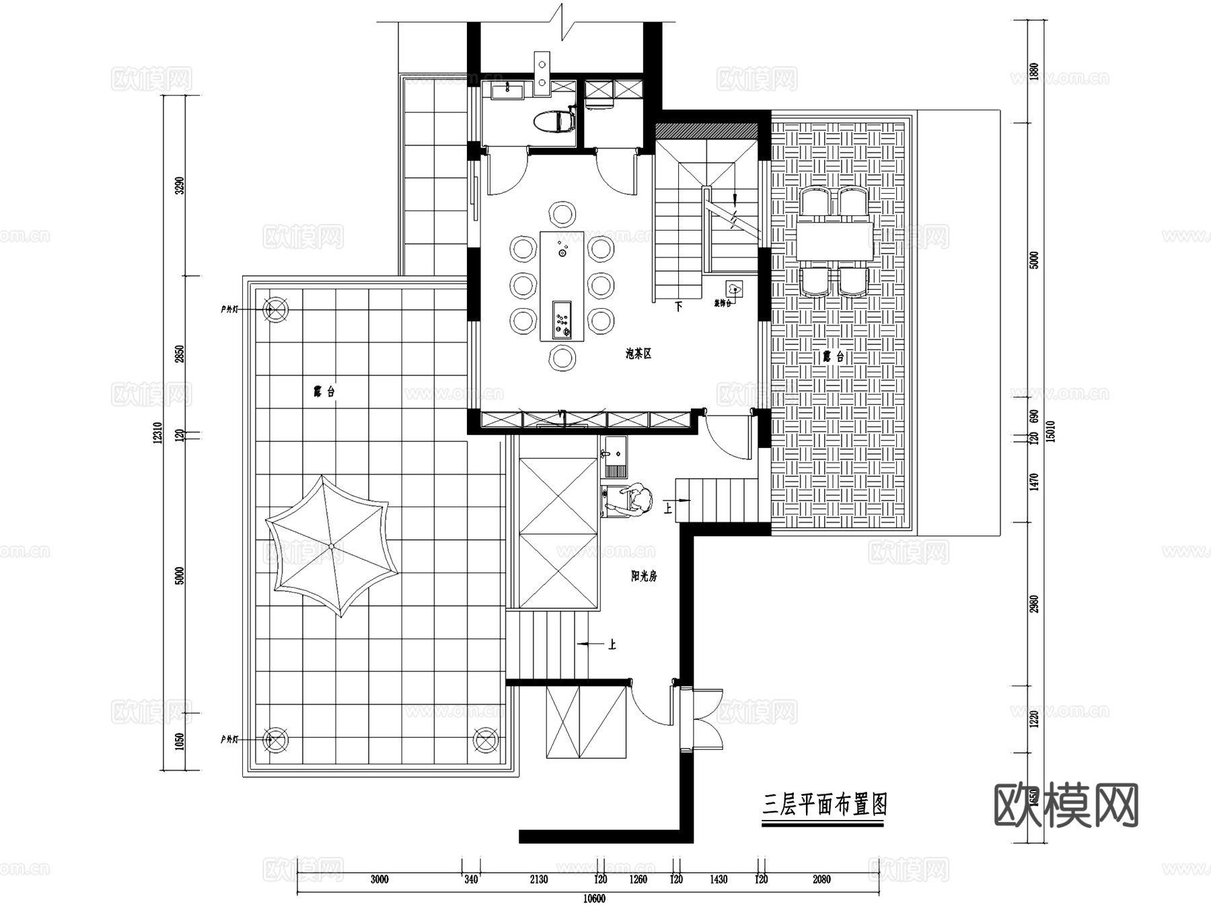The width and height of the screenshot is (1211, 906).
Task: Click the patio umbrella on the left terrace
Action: pos(331,546)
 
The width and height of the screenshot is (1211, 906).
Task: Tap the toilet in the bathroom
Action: pos(554,122)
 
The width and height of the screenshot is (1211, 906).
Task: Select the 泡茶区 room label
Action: pos(638,354)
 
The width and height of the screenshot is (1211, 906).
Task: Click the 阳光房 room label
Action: pos(644,576)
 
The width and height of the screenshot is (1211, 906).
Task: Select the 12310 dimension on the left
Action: pos(158,432)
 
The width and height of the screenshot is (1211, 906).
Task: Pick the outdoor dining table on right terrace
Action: pos(836,241)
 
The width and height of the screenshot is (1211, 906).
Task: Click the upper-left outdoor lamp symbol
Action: pos(276,309)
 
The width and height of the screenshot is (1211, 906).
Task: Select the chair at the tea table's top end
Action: pos(562,215)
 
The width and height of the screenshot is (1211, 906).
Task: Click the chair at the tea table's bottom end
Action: pos(562,358)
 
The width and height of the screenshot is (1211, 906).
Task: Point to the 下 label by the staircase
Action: pos(679,307)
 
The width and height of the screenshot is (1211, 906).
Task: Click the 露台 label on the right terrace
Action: pos(833,357)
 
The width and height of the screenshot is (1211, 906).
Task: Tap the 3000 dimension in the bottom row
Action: pos(379,879)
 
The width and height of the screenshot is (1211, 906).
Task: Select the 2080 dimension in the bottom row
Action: pos(821,879)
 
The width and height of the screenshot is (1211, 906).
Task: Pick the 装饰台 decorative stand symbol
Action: pos(734,289)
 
